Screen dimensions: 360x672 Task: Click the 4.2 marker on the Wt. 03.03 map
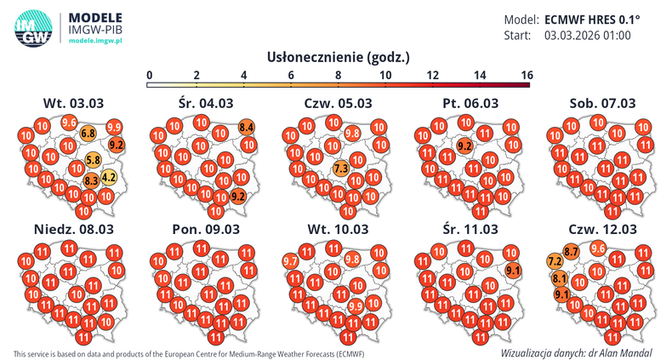point(109,178)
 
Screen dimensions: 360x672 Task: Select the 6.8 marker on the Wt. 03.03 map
point(88,134)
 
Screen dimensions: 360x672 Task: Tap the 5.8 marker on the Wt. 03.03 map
point(94,159)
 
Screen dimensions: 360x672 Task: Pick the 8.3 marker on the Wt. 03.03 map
point(91,180)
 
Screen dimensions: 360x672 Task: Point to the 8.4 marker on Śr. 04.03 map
point(247,128)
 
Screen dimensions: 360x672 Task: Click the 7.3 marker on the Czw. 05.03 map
point(341,169)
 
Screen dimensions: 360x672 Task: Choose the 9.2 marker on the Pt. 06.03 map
point(465,146)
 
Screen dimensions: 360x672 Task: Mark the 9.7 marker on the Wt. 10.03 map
point(290,260)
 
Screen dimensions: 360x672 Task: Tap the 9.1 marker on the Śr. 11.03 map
point(513,271)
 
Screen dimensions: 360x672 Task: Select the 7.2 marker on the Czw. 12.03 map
point(554,260)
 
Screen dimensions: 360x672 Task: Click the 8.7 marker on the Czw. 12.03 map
point(572,251)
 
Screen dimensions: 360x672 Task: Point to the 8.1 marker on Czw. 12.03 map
point(559,278)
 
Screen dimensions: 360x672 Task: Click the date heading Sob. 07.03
point(602,103)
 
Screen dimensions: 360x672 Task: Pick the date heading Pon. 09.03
point(206,230)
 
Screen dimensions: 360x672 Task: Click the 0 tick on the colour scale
point(150,75)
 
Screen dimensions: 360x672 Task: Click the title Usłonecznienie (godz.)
point(339,57)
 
